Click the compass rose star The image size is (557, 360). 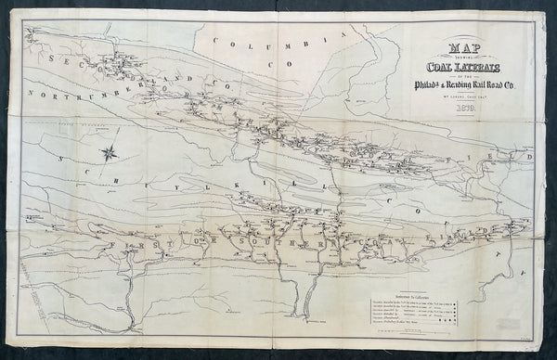110,152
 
